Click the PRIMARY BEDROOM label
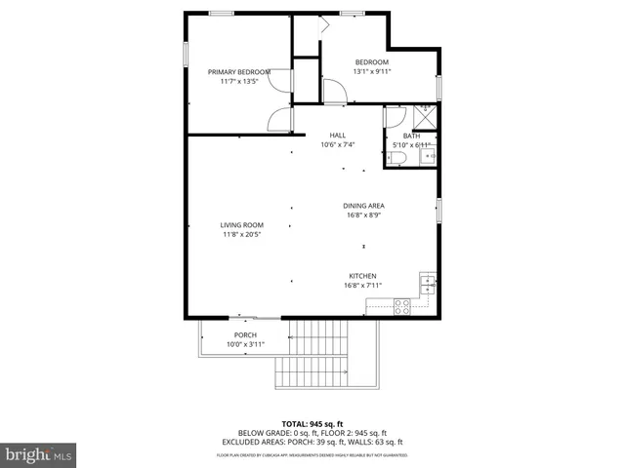pyautogui.click(x=239, y=71)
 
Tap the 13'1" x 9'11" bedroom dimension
pyautogui.click(x=370, y=71)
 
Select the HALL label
pyautogui.click(x=337, y=136)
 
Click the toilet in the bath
pyautogui.click(x=399, y=157)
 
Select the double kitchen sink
pyautogui.click(x=427, y=284)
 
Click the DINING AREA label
pyautogui.click(x=362, y=206)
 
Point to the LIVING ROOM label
pyautogui.click(x=241, y=225)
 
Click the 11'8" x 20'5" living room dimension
pyautogui.click(x=241, y=234)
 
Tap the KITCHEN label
pyautogui.click(x=362, y=276)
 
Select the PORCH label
pyautogui.click(x=244, y=335)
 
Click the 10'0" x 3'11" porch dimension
pyautogui.click(x=244, y=344)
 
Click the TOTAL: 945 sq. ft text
pyautogui.click(x=312, y=423)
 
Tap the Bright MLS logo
pyautogui.click(x=39, y=453)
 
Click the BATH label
pyautogui.click(x=411, y=136)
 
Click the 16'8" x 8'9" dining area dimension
pyautogui.click(x=362, y=215)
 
